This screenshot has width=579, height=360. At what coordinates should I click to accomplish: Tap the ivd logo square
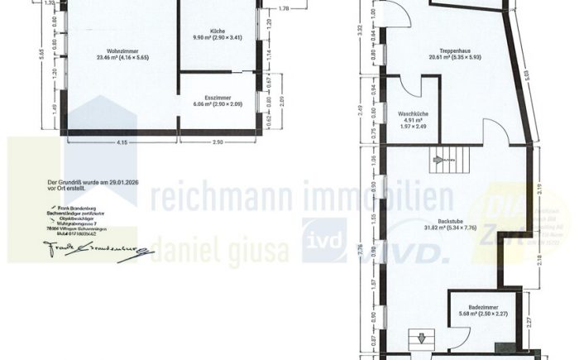[323, 240]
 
